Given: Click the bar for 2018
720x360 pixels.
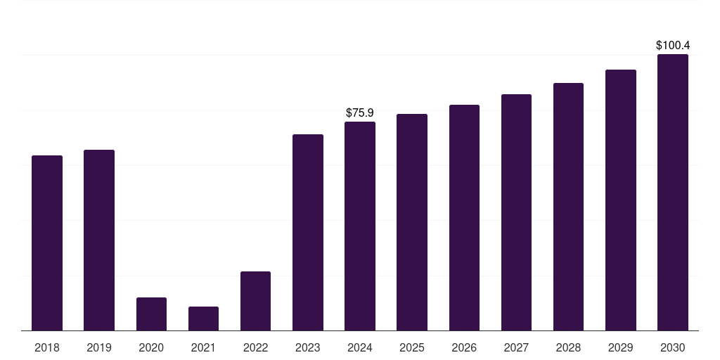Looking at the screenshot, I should click(47, 243).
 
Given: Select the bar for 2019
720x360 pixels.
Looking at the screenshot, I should click(99, 240).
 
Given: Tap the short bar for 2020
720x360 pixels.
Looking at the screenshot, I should click(151, 314).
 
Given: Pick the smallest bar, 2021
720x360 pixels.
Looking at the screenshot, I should click(203, 319).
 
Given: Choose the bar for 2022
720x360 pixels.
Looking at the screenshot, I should click(255, 301).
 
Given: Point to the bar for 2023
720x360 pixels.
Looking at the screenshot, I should click(308, 232).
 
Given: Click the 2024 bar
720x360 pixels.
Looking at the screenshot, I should click(360, 226).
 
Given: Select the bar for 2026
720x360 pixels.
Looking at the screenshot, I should click(464, 217).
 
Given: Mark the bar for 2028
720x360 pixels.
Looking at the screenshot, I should click(568, 207).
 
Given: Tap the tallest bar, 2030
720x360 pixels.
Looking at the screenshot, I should click(672, 192).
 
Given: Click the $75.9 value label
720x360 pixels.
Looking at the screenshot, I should click(360, 112).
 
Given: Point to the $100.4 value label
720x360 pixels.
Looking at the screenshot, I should click(672, 46).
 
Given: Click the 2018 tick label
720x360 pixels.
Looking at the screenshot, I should click(47, 347).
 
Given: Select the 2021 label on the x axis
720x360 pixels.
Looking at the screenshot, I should click(203, 347).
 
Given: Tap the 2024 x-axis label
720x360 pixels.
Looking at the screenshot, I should click(360, 347).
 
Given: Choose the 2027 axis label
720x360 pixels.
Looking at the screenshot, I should click(516, 347).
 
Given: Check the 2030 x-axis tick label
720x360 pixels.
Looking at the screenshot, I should click(672, 347).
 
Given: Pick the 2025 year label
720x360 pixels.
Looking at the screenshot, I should click(412, 347).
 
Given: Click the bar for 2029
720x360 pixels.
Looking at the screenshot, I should click(620, 200).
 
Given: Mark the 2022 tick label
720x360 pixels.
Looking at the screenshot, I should click(255, 347).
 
